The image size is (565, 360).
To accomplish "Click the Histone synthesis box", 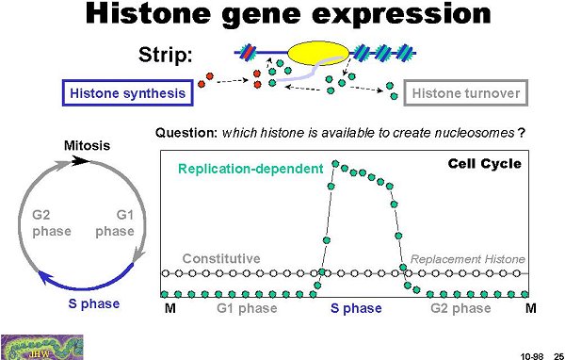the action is pyautogui.click(x=128, y=93).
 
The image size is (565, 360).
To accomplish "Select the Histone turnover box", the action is pyautogui.click(x=466, y=93).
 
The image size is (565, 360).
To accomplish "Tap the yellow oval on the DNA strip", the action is pyautogui.click(x=318, y=53).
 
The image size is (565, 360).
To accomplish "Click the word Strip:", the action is pyautogui.click(x=166, y=55).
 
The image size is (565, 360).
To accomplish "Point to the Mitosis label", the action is pyautogui.click(x=88, y=146).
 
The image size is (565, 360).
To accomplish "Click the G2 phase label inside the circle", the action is pyautogui.click(x=52, y=223).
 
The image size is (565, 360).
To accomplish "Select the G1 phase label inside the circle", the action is pyautogui.click(x=115, y=223).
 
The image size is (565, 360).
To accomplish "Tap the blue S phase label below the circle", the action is pyautogui.click(x=94, y=304).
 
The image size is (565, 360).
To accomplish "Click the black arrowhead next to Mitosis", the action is pyautogui.click(x=80, y=161).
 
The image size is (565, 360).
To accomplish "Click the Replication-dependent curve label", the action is pyautogui.click(x=250, y=169).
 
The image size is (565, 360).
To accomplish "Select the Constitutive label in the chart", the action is pyautogui.click(x=221, y=258).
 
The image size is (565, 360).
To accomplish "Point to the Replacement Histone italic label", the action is pyautogui.click(x=468, y=259).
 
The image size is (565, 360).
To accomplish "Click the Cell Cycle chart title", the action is pyautogui.click(x=485, y=164).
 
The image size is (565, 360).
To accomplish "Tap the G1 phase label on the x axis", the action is pyautogui.click(x=247, y=308).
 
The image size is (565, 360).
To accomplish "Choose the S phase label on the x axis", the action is pyautogui.click(x=356, y=308).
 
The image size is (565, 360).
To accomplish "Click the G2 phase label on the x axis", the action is pyautogui.click(x=460, y=308).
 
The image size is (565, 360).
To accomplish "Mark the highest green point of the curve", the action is pyautogui.click(x=335, y=164).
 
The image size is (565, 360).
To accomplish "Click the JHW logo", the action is pyautogui.click(x=42, y=347).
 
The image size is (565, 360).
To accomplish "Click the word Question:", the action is pyautogui.click(x=186, y=133).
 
